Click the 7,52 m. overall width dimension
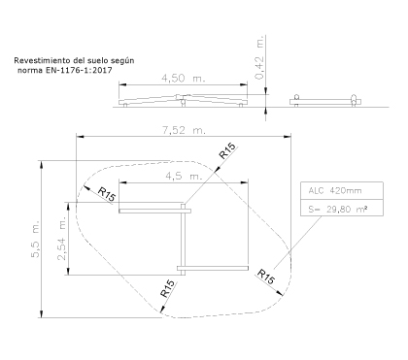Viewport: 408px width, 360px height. click(x=184, y=130)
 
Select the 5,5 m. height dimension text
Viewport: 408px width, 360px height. click(x=35, y=239)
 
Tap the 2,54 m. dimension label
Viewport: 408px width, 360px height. click(x=61, y=239)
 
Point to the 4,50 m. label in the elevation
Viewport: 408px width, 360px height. click(x=184, y=79)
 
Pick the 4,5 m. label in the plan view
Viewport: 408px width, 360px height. click(x=184, y=177)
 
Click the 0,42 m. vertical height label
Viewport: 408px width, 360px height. click(x=260, y=58)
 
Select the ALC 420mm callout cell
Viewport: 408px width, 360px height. click(x=342, y=191)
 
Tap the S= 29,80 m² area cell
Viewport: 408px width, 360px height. click(x=342, y=208)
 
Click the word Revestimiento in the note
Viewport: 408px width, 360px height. click(x=40, y=60)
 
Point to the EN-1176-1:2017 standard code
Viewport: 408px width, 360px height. click(x=81, y=70)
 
